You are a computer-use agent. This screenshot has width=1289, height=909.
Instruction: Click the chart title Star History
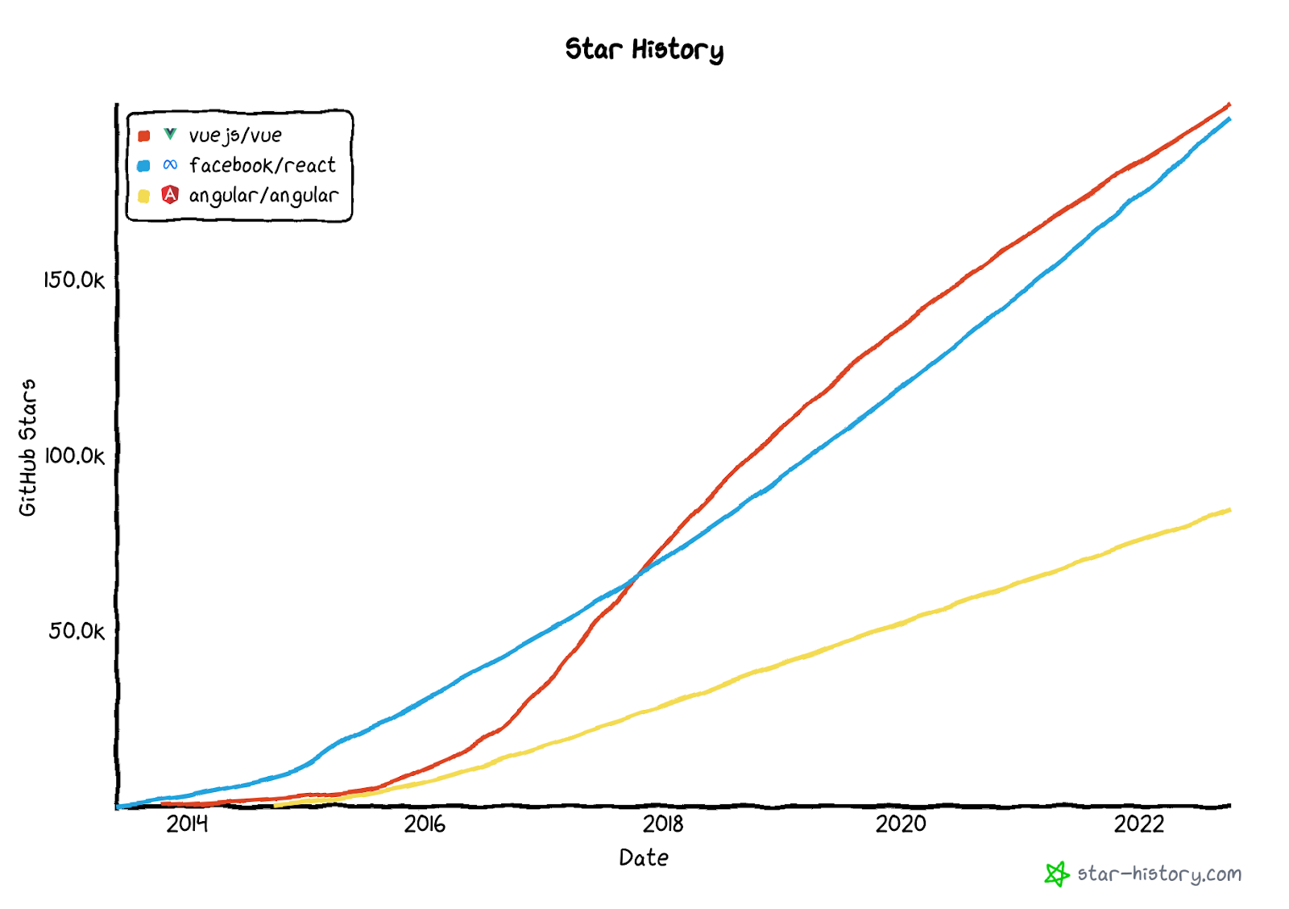pos(644,49)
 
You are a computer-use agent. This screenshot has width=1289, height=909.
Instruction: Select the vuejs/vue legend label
pos(235,135)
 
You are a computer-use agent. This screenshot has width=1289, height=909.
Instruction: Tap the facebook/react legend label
pos(262,165)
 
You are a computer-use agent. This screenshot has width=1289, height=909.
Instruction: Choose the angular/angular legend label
pos(263,195)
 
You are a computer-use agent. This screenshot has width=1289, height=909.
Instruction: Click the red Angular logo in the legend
pos(170,194)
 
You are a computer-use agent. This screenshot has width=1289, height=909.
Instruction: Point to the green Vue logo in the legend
pos(170,134)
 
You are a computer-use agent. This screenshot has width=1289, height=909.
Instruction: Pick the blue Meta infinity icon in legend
pos(170,164)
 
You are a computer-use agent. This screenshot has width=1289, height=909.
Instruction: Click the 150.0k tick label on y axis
pos(74,280)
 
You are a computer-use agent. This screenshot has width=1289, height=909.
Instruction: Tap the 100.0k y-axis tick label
pos(74,456)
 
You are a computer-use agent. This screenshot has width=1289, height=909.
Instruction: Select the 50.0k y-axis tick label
pos(77,631)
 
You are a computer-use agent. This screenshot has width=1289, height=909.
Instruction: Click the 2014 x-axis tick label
pos(187,824)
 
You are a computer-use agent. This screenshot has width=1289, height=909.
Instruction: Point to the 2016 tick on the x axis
pos(425,824)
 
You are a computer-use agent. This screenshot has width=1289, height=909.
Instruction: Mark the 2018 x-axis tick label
pos(663,824)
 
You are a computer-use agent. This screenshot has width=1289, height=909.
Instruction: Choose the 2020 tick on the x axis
pos(901,824)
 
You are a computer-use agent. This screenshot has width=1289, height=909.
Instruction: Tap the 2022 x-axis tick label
pos(1138,824)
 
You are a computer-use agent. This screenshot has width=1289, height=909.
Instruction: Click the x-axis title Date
pos(644,857)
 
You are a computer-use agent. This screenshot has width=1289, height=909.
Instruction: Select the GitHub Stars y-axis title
pos(28,447)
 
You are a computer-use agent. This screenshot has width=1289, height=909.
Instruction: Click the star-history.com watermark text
pos(1158,874)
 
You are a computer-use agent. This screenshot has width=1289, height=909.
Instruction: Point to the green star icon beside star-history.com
pos(1056,874)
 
